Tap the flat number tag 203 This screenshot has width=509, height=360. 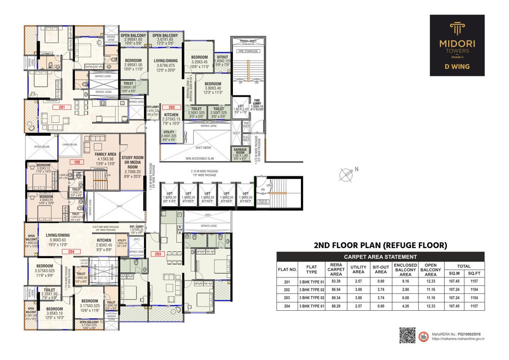(156, 254)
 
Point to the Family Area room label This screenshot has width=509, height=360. (105, 154)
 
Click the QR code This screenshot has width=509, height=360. (407, 335)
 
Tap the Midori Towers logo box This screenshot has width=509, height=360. (457, 45)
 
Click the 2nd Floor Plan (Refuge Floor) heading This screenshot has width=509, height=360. (380, 245)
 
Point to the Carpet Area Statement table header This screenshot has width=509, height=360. (380, 257)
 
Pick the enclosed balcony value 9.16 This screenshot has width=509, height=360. (405, 281)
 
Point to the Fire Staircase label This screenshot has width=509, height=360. (248, 51)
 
